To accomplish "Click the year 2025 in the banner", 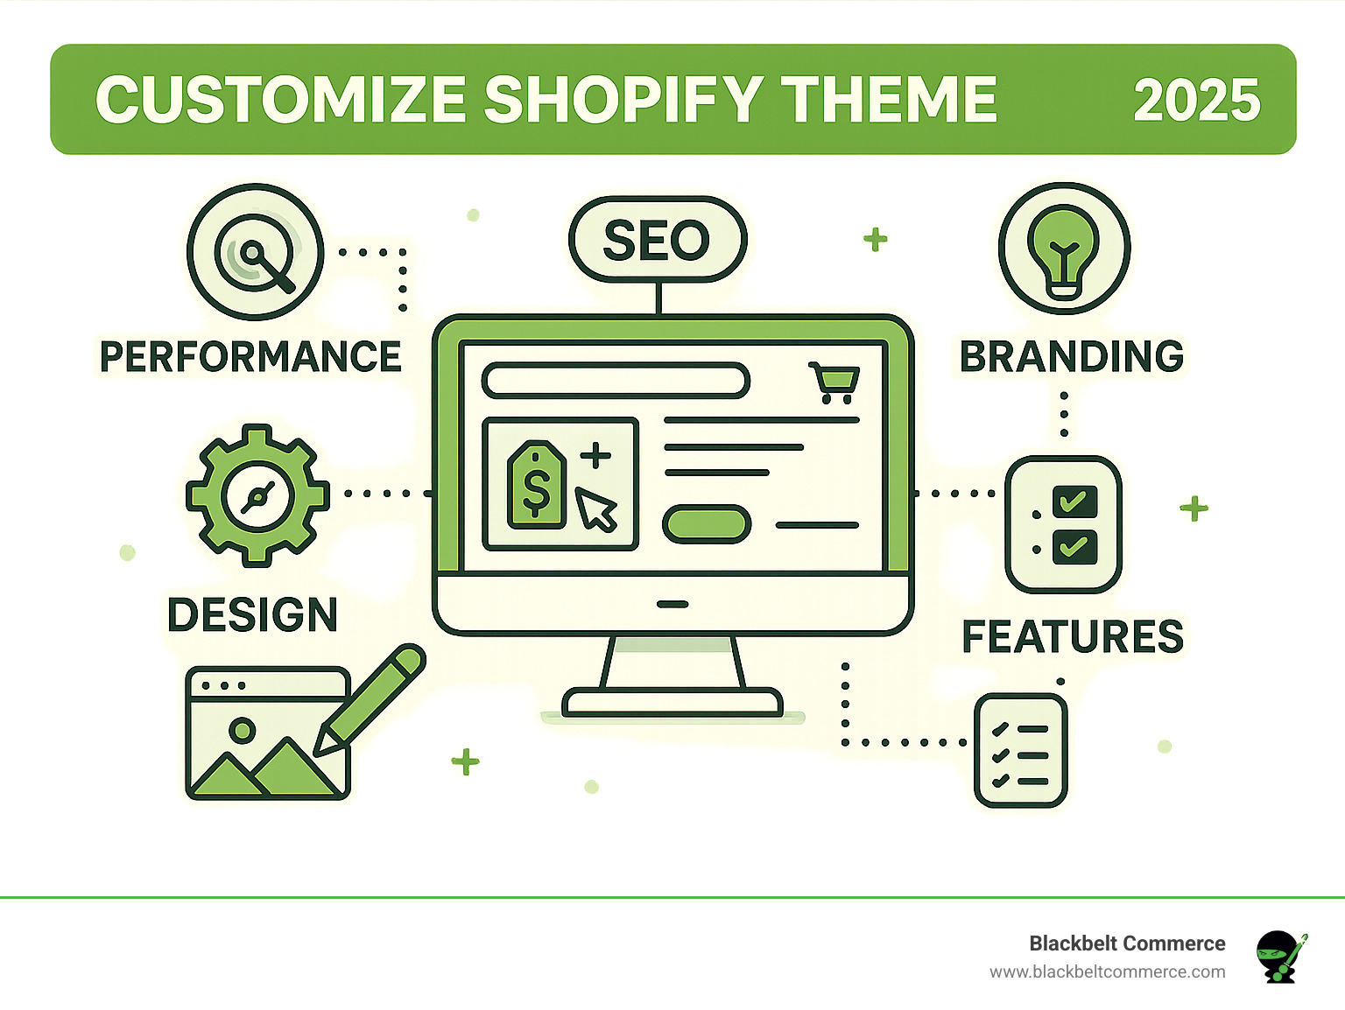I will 1196,100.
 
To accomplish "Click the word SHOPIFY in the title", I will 622,99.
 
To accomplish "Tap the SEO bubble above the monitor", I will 657,240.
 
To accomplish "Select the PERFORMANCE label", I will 250,356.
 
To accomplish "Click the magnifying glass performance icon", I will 256,252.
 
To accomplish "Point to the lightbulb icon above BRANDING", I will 1064,249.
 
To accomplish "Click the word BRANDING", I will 1072,356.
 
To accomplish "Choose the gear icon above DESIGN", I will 257,495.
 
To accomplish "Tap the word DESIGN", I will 252,614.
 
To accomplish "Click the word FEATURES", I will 1073,636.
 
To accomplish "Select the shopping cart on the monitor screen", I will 834,382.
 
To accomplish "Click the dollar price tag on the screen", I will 536,485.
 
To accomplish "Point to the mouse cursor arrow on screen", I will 596,509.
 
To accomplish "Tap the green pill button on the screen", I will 706,524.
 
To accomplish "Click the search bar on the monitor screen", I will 616,381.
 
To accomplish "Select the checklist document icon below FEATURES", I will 1020,750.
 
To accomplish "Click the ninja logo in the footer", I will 1279,956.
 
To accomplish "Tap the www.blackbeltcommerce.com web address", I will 1107,971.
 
